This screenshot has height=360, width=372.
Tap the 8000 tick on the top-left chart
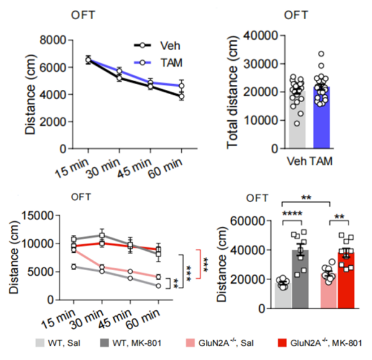(x=54, y=40)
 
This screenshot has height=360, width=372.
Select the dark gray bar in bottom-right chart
(x=301, y=278)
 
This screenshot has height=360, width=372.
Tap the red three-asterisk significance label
(x=206, y=261)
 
